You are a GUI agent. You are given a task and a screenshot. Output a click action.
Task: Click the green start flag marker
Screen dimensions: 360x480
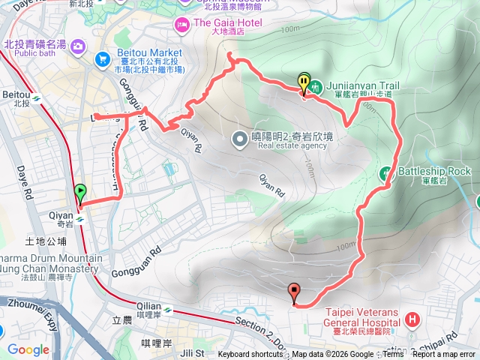point(80,193)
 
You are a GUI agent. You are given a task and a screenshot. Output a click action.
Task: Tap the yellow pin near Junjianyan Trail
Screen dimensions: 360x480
point(304,82)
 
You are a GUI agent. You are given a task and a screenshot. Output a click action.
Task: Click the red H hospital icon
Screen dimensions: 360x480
point(411,321)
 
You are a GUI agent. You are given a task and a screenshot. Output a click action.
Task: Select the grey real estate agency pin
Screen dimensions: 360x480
point(239,138)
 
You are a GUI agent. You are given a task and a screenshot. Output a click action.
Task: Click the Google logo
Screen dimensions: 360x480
point(28,349)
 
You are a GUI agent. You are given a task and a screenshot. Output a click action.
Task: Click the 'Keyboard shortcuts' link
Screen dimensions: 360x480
point(250,355)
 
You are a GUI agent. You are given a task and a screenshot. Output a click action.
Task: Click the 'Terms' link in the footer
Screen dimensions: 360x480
point(393,355)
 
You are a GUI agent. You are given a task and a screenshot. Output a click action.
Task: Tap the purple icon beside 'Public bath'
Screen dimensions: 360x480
point(77,46)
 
